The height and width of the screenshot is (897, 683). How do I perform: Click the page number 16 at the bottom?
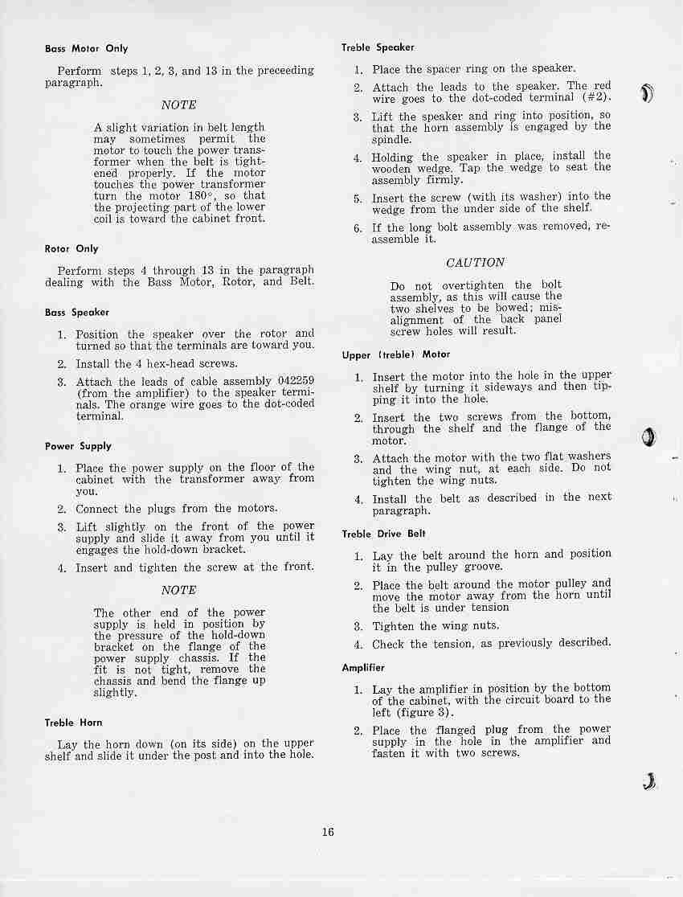coord(328,832)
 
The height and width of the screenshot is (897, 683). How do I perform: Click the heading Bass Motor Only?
coord(86,49)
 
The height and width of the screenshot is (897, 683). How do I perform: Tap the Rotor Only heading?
coord(72,249)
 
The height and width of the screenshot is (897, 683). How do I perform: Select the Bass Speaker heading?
coord(77,313)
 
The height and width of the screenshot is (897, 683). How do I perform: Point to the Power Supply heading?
coord(78,446)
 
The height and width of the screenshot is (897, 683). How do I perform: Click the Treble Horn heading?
coord(74,723)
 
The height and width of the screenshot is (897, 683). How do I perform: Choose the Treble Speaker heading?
coord(378,48)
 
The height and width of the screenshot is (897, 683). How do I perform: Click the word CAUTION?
coord(476,263)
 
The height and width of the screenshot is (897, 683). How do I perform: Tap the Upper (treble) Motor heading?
coord(395,354)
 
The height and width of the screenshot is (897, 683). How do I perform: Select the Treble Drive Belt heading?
coord(383,534)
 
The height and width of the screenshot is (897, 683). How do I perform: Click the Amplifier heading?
coord(363,668)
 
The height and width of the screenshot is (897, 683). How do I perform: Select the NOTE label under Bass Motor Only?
coord(178,105)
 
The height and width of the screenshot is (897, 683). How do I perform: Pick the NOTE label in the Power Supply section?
coord(178,590)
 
